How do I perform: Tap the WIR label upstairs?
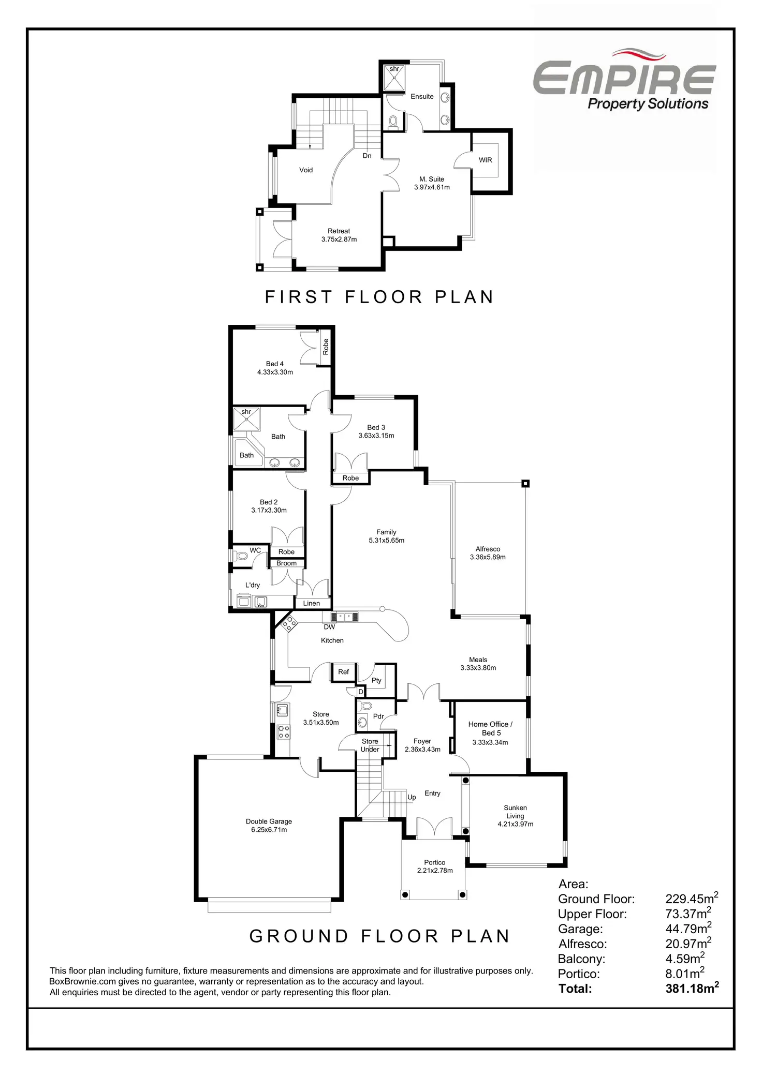coord(485,160)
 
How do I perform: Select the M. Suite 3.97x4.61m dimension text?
coord(432,187)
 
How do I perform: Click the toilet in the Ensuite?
coord(393,122)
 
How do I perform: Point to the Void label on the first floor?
coord(306,170)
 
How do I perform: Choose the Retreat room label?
coord(339,231)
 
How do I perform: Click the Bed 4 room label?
coord(274,364)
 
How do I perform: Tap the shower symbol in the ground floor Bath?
coord(246,419)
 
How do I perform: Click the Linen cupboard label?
coord(311,603)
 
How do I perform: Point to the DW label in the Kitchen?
coord(329,627)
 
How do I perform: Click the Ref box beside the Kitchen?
coord(343,672)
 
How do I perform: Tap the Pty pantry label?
coord(376,680)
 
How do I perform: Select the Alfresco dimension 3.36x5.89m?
coord(488,557)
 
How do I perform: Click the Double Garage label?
coord(269,821)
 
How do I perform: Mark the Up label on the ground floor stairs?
coord(412,797)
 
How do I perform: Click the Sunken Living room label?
coord(515,812)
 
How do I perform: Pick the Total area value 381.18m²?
coord(692,989)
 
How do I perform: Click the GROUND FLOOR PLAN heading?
coord(379,936)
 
